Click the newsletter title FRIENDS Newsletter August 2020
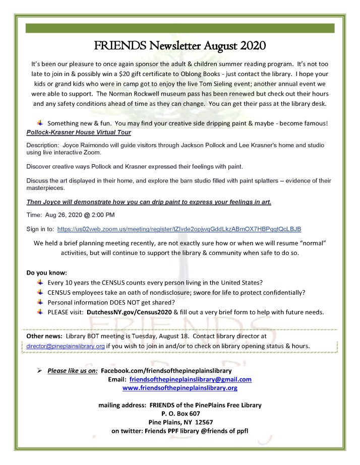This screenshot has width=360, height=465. [180, 46]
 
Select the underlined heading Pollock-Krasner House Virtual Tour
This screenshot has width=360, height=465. [79, 132]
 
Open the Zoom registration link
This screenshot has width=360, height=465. [179, 228]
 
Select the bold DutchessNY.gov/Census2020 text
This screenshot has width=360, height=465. [130, 312]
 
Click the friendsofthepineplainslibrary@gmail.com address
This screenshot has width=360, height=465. [191, 379]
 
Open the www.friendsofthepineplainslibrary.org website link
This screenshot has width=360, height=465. [180, 388]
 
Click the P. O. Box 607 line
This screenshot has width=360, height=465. [180, 413]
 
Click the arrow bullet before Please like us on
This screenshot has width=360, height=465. [40, 370]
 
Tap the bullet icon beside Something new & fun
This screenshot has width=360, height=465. [40, 123]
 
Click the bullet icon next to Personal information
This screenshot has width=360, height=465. [40, 302]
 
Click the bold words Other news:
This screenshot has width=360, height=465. [44, 336]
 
